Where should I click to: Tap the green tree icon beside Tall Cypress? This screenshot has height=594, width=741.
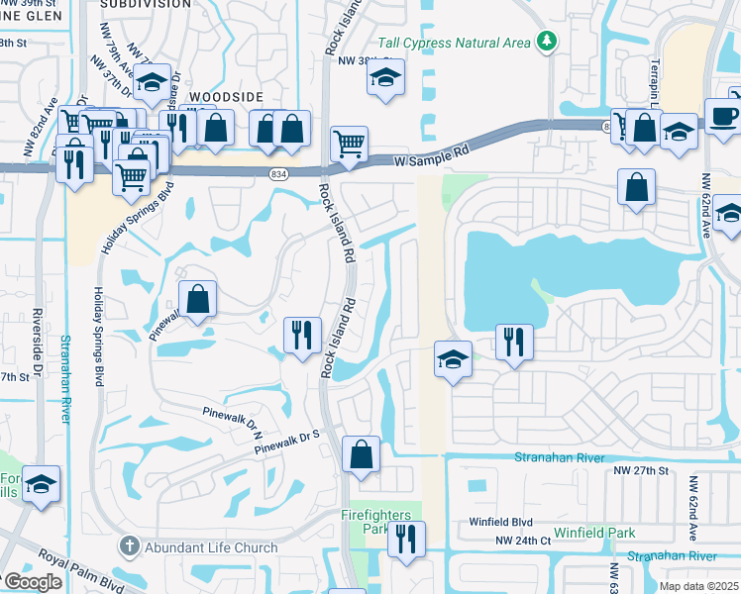[x=545, y=41]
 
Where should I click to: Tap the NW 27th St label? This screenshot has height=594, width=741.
[x=641, y=470]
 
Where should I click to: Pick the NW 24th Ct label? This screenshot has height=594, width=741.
[x=524, y=541]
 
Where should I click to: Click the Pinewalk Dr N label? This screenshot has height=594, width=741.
[x=230, y=419]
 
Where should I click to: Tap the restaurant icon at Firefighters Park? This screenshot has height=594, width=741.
[x=405, y=538]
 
